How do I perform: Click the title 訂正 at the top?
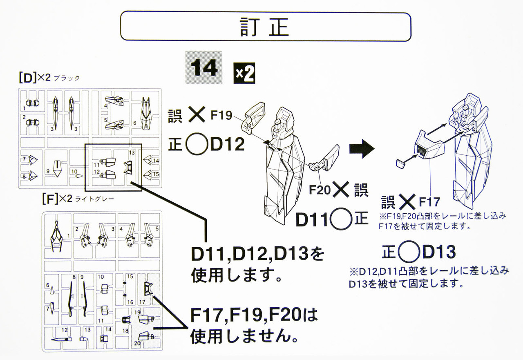click(264, 27)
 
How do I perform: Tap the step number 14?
click(204, 67)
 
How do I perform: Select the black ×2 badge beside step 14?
click(244, 73)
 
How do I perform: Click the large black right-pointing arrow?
click(362, 148)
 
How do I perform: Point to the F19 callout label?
click(221, 115)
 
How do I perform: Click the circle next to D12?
click(197, 144)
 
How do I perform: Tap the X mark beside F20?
click(341, 189)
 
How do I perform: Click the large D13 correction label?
click(439, 252)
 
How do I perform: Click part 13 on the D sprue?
click(128, 168)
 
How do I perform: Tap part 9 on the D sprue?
click(57, 169)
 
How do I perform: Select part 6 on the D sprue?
click(146, 113)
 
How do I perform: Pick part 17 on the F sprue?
click(148, 289)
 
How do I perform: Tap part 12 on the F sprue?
click(61, 339)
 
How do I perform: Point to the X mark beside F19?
click(197, 114)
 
